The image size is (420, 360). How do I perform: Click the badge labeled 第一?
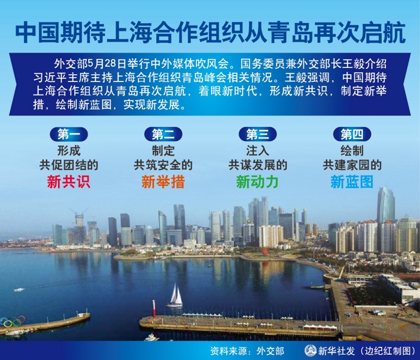pos(69,134)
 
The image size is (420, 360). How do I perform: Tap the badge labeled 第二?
pos(163,134)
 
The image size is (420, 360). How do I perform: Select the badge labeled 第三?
pos(258,134)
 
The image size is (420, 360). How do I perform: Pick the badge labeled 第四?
pos(352,134)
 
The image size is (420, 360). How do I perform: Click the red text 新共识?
pos(69,182)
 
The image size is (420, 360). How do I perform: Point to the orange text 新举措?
pos(163,182)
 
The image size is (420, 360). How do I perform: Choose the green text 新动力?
pos(257,182)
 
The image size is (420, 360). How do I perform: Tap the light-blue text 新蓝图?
pos(352,182)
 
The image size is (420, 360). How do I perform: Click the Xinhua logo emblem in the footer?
pos(310,351)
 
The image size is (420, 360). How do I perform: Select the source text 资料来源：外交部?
pos(247,351)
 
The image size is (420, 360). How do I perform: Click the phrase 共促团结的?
pos(69,165)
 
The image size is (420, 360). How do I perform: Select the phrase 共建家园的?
pos(352,165)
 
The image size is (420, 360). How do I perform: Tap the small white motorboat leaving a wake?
pos(19,290)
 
